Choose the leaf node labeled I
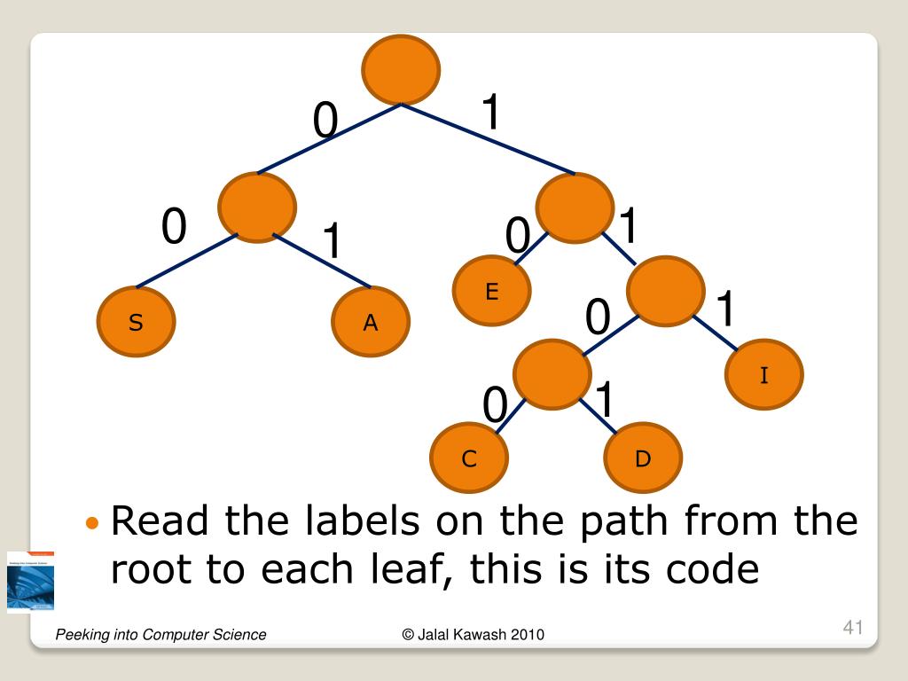point(763,376)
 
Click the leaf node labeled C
point(469,458)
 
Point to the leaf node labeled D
point(643,458)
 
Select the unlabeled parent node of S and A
point(257,207)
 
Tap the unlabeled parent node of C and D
point(552,374)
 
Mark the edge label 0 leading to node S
point(174,228)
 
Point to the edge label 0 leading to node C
point(494,407)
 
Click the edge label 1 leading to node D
point(605,400)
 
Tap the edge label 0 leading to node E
point(517,238)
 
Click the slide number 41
point(852,629)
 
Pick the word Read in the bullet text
point(160,521)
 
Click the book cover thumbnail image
point(30,582)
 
